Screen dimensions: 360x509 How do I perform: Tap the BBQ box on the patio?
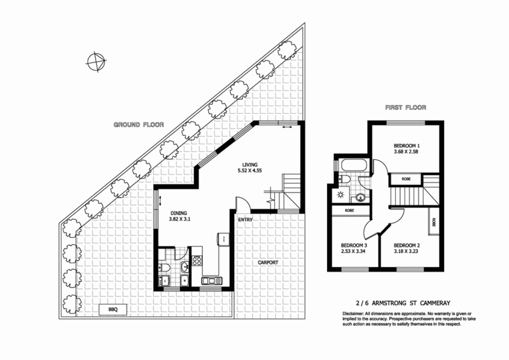coord(114,310)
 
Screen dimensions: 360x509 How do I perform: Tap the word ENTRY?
coord(246,220)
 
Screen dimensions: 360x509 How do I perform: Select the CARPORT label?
coord(268,262)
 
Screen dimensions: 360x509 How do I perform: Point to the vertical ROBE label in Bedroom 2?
coord(433,224)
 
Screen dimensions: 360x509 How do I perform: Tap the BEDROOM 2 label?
coord(408,245)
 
